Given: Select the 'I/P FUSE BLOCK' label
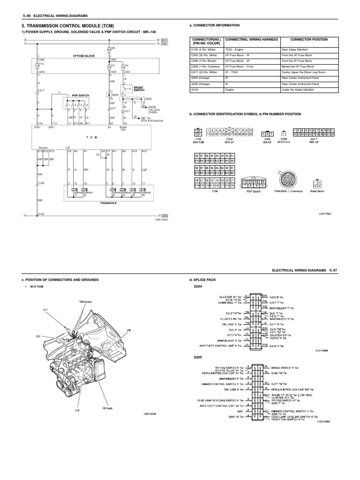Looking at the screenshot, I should tap(84, 56).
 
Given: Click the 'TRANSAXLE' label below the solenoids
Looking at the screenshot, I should tap(108, 203).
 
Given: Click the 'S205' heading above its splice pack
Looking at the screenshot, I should tap(193, 356).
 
